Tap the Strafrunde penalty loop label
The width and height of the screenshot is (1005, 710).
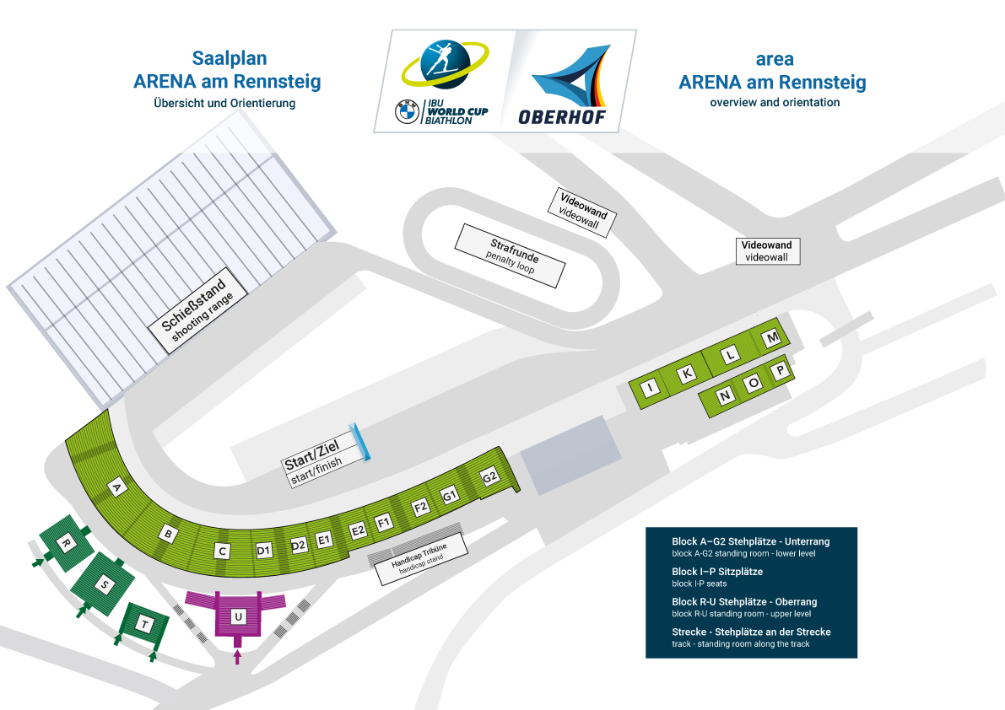[x=511, y=255]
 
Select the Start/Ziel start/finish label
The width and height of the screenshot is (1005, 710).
[x=320, y=459]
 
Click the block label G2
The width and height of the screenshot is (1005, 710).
[x=489, y=477]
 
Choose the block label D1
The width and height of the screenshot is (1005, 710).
[x=264, y=550]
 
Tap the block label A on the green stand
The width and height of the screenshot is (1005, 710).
[x=116, y=488]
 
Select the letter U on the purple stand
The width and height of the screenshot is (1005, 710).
[x=239, y=616]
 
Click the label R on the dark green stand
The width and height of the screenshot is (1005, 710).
[x=65, y=544]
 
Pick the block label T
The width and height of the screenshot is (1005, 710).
[x=145, y=624]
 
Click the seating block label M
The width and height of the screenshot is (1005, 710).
[x=772, y=337]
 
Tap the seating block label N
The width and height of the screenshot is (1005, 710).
[x=725, y=395]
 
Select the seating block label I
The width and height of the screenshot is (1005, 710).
[x=651, y=387]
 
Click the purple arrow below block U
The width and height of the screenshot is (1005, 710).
[x=238, y=656]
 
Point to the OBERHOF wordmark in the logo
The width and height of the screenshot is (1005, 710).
[x=562, y=117]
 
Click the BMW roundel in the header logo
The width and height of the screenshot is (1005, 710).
[x=407, y=112]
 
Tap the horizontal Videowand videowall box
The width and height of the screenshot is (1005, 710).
[x=767, y=251]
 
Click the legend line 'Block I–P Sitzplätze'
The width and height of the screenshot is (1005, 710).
[x=717, y=572]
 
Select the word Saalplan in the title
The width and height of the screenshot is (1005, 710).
[x=230, y=58]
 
